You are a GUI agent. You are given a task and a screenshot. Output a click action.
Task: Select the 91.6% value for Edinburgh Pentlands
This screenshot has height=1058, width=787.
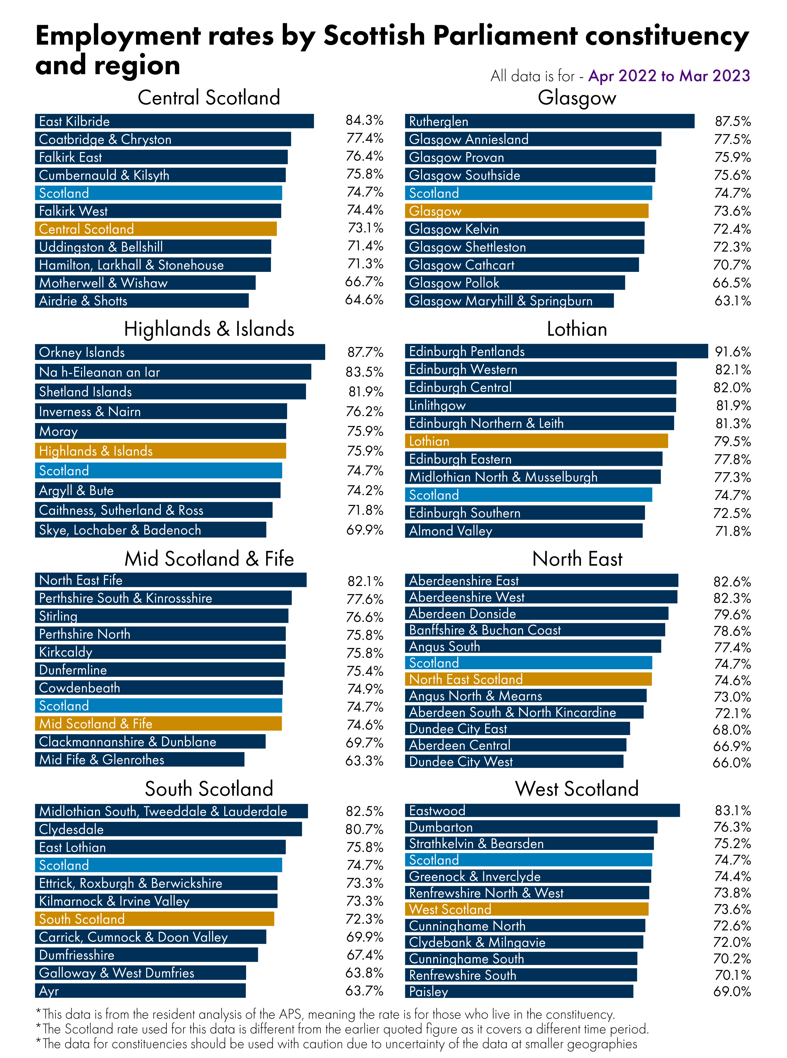(x=732, y=352)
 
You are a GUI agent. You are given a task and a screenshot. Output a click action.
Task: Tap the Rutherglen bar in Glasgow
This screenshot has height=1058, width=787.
(x=549, y=121)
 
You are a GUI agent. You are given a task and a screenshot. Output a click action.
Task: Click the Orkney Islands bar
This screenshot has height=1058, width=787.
(x=180, y=352)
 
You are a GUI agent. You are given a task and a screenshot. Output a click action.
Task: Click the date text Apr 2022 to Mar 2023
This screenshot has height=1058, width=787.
(x=669, y=76)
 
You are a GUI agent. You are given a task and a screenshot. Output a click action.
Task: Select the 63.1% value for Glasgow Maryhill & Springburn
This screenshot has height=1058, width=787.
(x=732, y=301)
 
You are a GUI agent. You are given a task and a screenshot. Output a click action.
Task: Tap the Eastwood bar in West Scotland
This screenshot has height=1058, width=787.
(x=542, y=810)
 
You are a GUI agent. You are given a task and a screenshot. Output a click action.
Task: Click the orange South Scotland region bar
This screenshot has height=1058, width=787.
(x=154, y=918)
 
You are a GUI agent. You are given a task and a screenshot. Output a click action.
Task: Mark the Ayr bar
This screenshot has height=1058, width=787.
(x=140, y=990)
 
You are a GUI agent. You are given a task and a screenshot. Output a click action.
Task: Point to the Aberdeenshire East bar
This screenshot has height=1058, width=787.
(x=541, y=580)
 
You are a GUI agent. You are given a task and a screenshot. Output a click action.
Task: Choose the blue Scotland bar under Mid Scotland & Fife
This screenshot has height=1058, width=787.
(x=158, y=705)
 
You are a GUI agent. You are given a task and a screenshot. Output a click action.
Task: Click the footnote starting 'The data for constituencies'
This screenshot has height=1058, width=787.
(x=336, y=1044)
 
